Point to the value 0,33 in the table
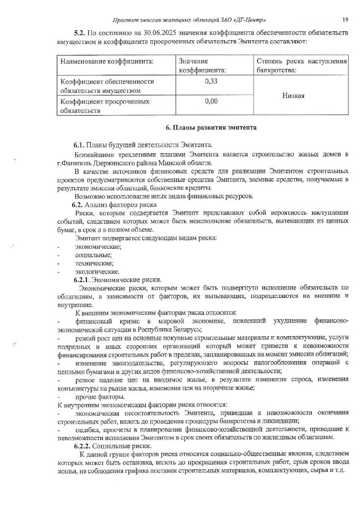(x=211, y=82)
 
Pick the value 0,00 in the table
(x=211, y=101)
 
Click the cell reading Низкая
(x=300, y=95)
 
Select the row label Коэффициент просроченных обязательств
(x=104, y=106)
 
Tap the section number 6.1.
(x=79, y=145)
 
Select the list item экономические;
(x=98, y=247)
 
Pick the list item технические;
(x=94, y=264)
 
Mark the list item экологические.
(x=97, y=272)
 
